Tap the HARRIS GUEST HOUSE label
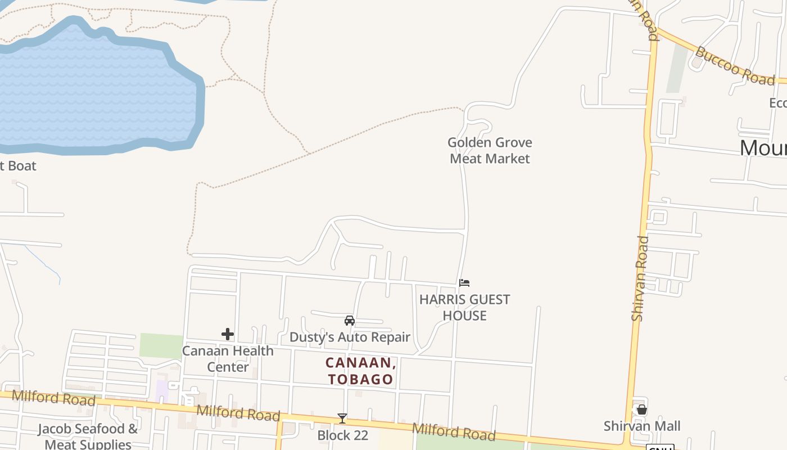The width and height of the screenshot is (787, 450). [x=464, y=307]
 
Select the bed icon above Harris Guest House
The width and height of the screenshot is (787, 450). [x=464, y=283]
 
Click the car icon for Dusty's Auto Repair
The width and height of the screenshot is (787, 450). [x=350, y=321]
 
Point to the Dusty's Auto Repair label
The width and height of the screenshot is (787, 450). [x=350, y=337]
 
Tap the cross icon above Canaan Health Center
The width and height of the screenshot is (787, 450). [x=228, y=334]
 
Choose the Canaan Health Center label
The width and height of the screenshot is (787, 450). [x=228, y=358]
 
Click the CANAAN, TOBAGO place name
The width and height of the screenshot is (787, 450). [x=360, y=371]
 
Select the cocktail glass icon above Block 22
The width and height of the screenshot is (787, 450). [x=342, y=418]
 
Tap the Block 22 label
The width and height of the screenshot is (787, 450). [x=342, y=435]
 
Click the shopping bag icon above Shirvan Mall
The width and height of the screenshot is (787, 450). [x=642, y=409]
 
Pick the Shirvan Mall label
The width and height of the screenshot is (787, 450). [x=642, y=426]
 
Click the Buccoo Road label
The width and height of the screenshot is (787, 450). [x=735, y=66]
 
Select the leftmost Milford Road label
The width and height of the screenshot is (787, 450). [x=53, y=397]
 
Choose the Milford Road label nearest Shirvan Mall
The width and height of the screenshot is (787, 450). [x=454, y=431]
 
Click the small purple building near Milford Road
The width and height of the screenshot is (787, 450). [x=162, y=391]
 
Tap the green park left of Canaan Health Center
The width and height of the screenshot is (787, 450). [x=161, y=345]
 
